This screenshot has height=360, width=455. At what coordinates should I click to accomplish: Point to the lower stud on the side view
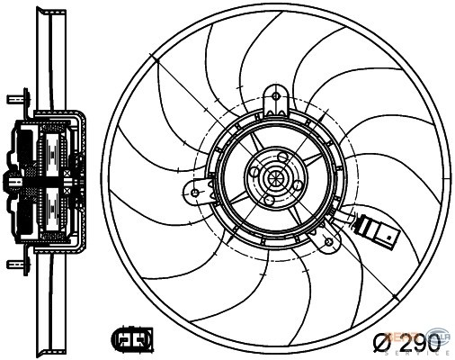click(x=15, y=265)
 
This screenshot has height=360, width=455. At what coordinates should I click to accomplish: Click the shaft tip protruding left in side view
click(x=9, y=180)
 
